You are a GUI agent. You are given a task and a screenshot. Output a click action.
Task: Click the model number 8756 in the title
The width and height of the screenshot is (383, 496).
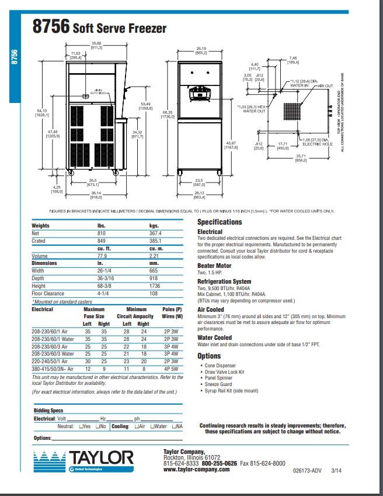click(x=51, y=27)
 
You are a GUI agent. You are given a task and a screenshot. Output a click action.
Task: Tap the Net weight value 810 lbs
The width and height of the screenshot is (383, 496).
click(x=101, y=233)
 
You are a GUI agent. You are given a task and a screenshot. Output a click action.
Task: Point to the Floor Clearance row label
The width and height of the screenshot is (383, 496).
click(x=49, y=294)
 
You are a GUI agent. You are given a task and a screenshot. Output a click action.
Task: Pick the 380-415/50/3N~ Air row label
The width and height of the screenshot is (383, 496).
click(x=52, y=370)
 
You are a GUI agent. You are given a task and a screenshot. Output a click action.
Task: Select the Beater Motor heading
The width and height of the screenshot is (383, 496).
click(x=214, y=266)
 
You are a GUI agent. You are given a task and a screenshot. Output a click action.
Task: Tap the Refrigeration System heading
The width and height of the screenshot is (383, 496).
click(x=224, y=281)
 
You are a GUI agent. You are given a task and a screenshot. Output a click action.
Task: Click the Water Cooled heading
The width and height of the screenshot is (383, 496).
click(x=214, y=337)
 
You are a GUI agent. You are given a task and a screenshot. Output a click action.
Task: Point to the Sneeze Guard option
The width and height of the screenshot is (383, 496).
click(x=217, y=384)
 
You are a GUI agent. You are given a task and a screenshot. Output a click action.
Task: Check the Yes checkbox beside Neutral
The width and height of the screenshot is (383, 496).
click(x=80, y=427)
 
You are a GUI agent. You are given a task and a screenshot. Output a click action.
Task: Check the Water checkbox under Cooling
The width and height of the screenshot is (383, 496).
click(x=152, y=427)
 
